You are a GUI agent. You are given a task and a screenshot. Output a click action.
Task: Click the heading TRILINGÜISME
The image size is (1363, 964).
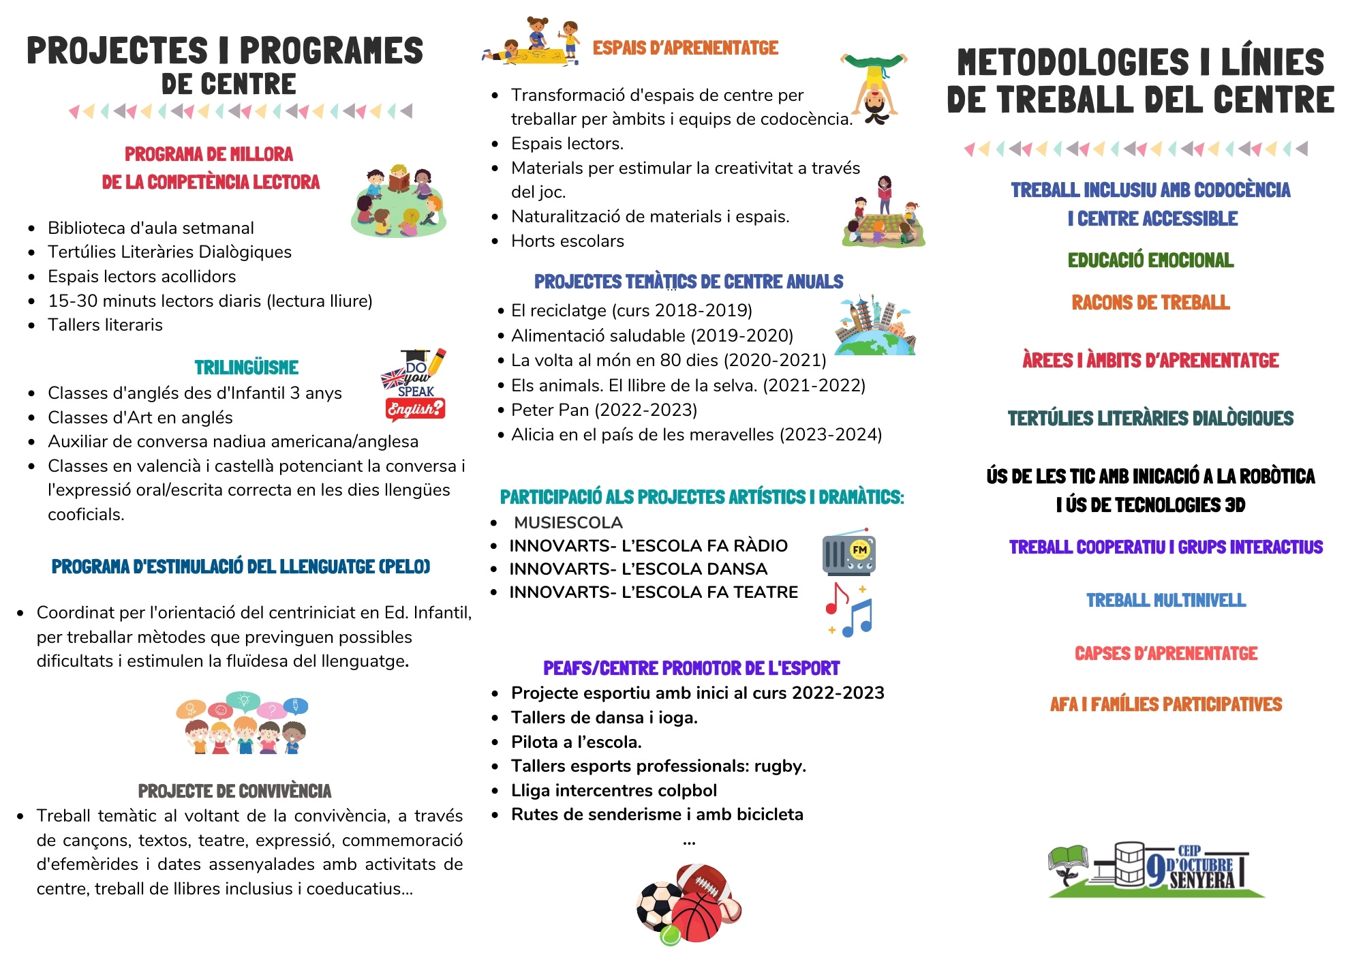click(247, 367)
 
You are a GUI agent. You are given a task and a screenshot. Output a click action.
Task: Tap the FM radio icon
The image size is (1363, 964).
click(848, 552)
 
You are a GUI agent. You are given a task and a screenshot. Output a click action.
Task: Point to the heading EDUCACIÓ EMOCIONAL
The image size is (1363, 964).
click(1150, 260)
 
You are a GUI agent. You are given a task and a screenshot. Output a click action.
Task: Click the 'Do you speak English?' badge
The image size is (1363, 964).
click(414, 385)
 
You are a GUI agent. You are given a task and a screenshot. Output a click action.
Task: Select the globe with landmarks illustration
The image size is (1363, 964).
click(874, 327)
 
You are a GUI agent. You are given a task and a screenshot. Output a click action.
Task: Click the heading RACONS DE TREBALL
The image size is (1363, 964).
click(1150, 303)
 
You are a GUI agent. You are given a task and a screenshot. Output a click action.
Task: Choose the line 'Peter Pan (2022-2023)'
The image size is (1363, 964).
click(604, 410)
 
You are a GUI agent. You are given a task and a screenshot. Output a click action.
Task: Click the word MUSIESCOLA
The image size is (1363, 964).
click(568, 523)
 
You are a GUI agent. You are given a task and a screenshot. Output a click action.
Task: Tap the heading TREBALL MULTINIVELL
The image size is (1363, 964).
click(1165, 601)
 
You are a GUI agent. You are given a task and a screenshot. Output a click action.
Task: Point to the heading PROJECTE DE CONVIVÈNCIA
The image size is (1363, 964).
click(234, 792)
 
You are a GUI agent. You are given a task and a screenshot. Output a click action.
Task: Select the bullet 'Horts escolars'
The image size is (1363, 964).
click(567, 241)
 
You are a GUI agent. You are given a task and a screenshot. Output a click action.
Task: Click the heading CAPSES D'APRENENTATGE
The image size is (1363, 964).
click(1165, 654)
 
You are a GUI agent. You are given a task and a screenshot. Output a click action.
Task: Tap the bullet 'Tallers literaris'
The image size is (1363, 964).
click(105, 325)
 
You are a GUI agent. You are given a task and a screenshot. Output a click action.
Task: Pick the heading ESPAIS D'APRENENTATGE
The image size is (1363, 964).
click(685, 48)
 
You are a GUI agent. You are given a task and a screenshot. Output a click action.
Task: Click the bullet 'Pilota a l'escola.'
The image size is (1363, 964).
click(576, 742)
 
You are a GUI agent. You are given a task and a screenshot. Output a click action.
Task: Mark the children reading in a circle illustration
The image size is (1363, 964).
click(399, 201)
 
